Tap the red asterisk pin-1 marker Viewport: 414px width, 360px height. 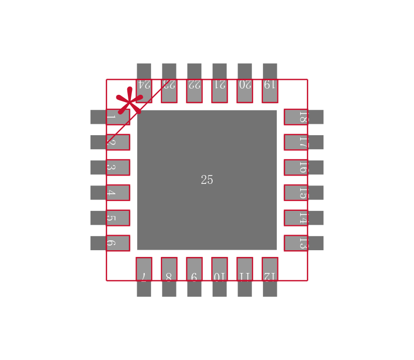click(129, 100)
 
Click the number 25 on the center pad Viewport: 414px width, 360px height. click(207, 180)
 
